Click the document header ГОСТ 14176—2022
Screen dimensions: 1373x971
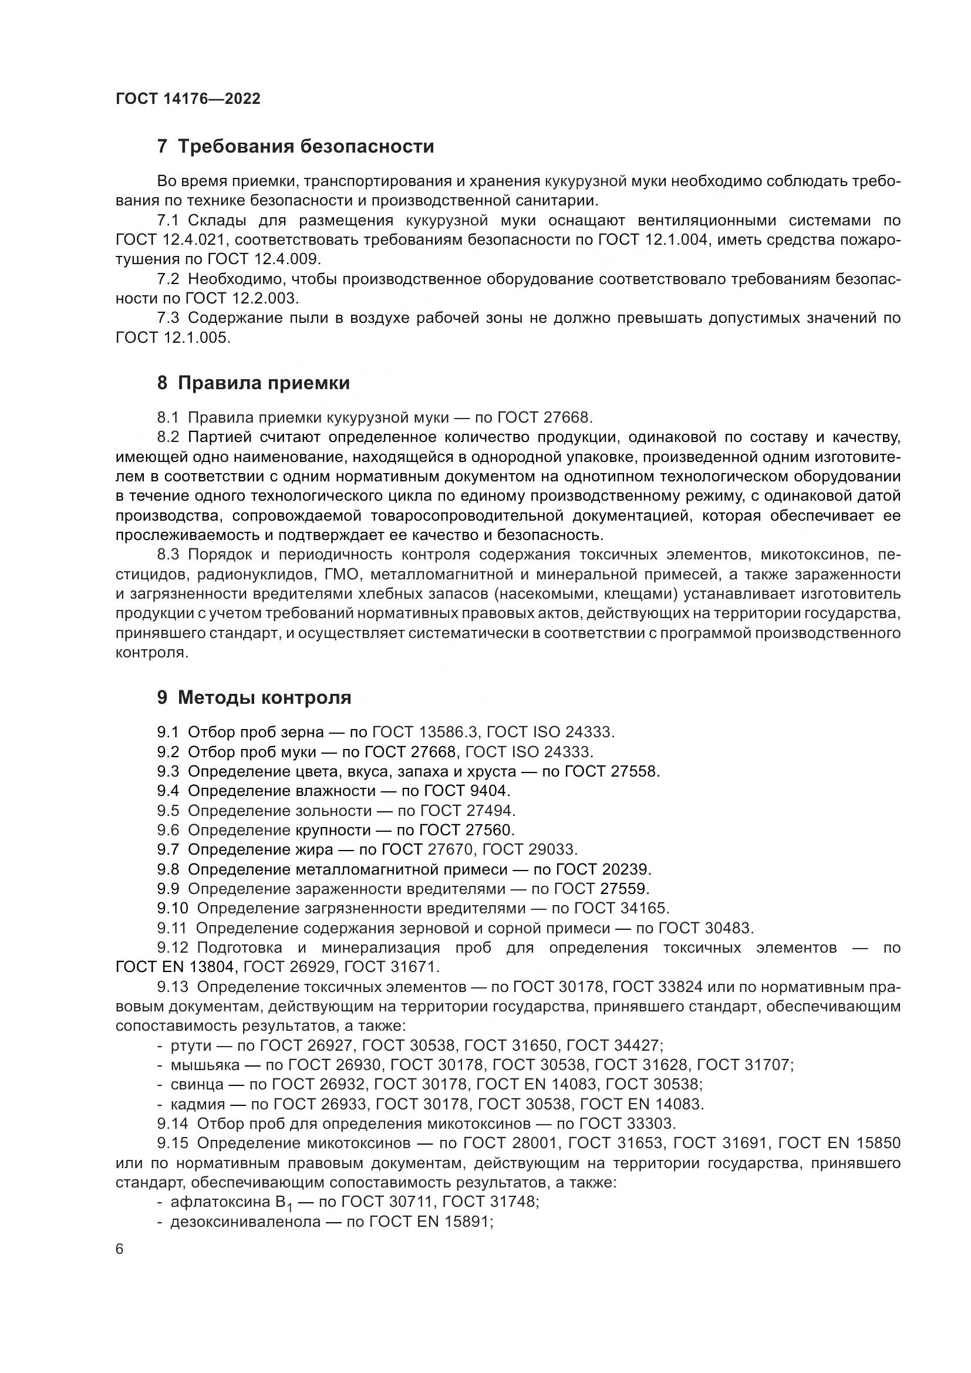188,99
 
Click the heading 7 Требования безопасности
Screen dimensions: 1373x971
295,146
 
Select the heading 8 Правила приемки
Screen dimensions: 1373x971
253,383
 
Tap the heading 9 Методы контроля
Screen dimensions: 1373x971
254,697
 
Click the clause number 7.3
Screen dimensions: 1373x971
168,318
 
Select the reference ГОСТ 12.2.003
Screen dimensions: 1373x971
241,298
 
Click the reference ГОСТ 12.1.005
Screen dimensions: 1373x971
172,338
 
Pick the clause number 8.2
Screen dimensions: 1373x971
168,437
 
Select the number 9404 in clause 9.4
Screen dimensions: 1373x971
489,791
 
